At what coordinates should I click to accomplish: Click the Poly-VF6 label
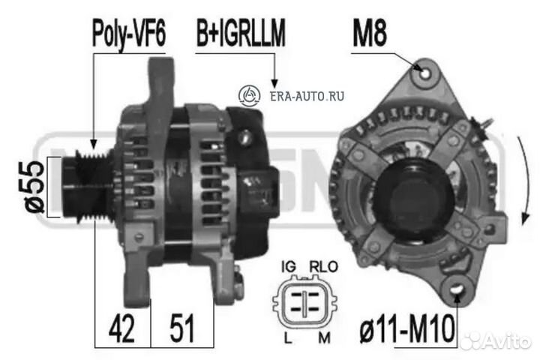129,34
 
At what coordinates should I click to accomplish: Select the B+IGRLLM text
241,33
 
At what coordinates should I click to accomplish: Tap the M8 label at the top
370,33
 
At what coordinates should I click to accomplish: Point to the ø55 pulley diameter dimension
34,187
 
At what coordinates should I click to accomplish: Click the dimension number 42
121,328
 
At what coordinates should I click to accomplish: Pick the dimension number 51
181,328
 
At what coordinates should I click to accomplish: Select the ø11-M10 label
407,329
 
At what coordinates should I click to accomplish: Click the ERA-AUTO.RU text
307,96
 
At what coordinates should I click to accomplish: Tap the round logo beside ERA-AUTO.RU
249,95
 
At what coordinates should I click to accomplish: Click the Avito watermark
496,340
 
